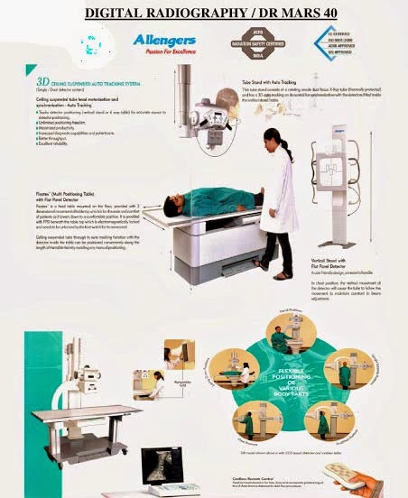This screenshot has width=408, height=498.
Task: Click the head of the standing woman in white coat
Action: (275, 137)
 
